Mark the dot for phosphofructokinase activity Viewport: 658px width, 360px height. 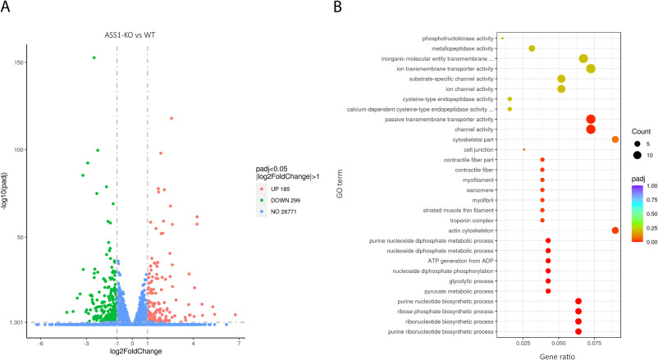[502, 38]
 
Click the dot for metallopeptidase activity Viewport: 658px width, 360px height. [532, 48]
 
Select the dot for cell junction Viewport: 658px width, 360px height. [523, 149]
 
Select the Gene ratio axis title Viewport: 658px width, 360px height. [560, 354]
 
